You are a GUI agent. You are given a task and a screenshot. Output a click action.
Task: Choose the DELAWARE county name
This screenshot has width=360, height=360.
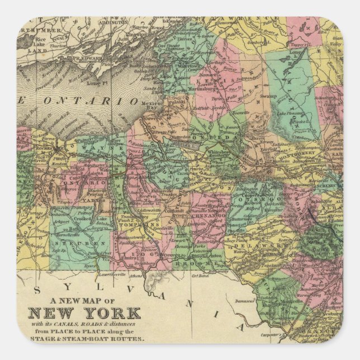pos(252,245)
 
